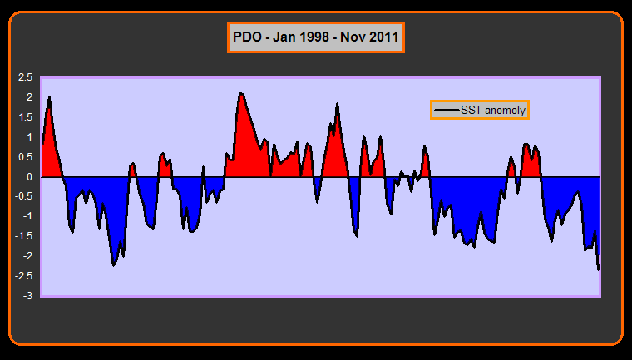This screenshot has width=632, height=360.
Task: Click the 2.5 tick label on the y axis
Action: pos(25,77)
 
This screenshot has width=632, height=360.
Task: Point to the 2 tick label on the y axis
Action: pos(29,97)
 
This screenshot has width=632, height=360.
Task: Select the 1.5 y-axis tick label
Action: pos(25,117)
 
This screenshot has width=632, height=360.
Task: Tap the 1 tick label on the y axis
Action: pos(29,137)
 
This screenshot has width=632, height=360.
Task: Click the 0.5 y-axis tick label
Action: pos(25,157)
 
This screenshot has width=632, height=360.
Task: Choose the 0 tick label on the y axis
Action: pos(29,177)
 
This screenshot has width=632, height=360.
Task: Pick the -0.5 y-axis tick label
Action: pos(23,197)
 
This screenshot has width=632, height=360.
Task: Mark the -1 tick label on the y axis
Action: pos(27,216)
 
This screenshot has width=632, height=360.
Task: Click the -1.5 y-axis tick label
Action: pos(23,236)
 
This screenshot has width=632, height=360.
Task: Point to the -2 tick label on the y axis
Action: pos(27,256)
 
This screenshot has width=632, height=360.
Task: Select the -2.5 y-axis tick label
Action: pos(23,276)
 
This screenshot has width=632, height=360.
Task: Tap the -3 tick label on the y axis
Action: pos(27,296)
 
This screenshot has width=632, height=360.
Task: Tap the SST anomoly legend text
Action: pos(493,110)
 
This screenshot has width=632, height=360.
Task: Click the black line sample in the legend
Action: pos(447,110)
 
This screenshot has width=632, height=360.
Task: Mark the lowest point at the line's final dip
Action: pos(598,269)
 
